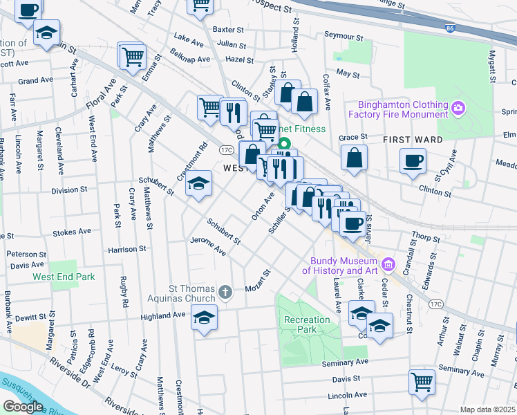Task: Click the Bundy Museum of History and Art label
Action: [343, 265]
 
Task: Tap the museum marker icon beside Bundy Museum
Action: [388, 265]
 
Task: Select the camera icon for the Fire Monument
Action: [458, 108]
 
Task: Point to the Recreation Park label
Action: [308, 324]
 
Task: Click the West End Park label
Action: [63, 277]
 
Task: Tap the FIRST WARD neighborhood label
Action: [413, 140]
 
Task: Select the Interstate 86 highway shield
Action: [451, 28]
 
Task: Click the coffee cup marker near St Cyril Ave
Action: [413, 160]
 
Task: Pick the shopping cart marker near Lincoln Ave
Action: [422, 381]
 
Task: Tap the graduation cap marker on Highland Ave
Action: [203, 317]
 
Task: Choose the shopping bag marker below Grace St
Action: [354, 158]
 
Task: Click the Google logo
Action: [23, 407]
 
